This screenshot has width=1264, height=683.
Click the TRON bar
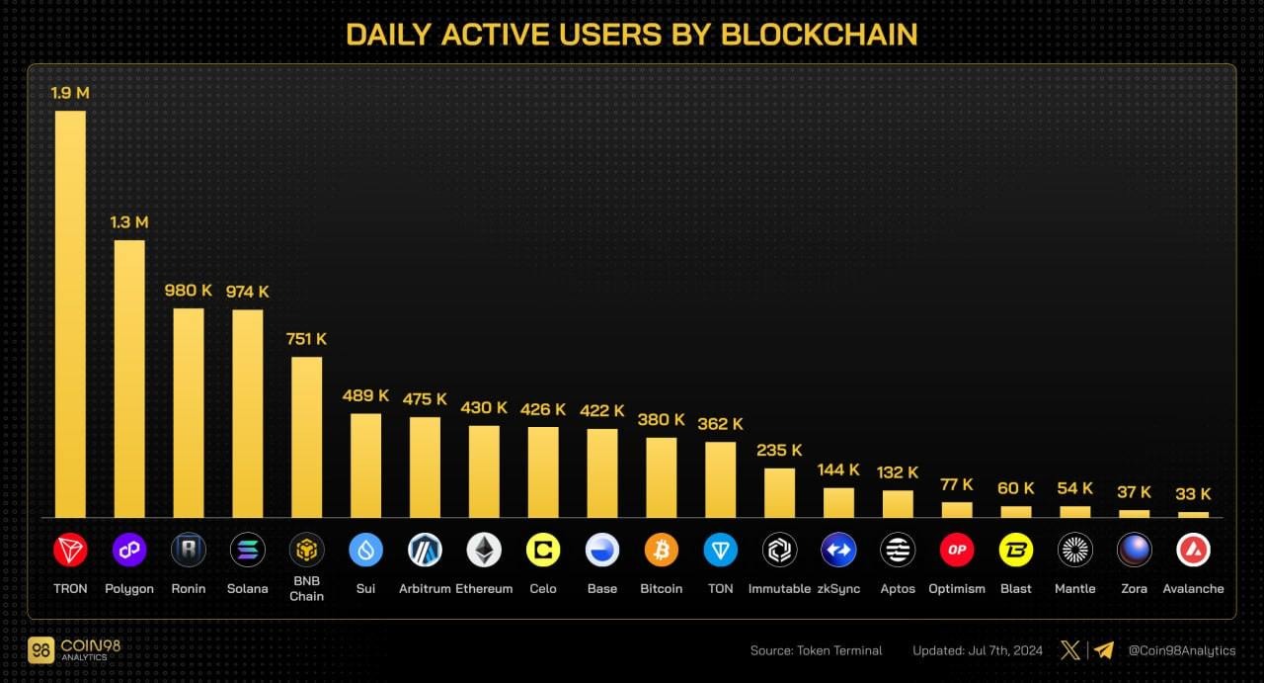[x=70, y=313]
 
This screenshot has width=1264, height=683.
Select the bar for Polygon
[x=129, y=379]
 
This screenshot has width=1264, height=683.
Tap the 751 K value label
[x=306, y=339]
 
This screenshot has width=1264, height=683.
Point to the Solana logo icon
[x=247, y=550]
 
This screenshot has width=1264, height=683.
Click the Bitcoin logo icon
[x=661, y=550]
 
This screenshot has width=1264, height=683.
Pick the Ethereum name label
[x=484, y=589]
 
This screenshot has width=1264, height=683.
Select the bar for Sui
[x=365, y=465]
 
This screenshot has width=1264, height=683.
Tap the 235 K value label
[x=779, y=450]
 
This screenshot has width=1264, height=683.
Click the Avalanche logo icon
[x=1193, y=550]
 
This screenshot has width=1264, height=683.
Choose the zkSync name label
[x=838, y=589]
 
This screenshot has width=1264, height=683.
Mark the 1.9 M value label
[x=70, y=93]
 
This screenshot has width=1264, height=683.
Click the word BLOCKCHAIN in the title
[x=820, y=34]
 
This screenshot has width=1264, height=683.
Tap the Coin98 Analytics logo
[x=63, y=650]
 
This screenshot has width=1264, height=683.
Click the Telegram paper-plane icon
[x=1103, y=650]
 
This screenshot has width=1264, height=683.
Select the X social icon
[x=1069, y=650]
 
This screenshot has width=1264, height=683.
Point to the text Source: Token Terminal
[x=817, y=650]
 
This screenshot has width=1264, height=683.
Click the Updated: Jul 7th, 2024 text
[x=977, y=650]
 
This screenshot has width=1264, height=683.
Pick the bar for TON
[x=720, y=479]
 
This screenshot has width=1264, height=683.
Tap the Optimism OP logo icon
[x=957, y=550]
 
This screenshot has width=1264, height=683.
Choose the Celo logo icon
[x=543, y=550]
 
